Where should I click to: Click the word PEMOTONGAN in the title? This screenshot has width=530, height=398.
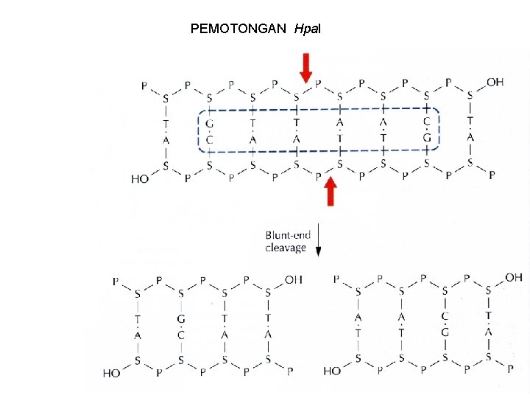(239, 29)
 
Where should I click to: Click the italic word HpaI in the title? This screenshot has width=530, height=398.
(306, 29)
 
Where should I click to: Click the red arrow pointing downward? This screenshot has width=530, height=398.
(306, 67)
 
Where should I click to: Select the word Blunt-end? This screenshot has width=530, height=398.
(288, 236)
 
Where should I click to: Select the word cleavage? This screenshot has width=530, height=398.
(286, 248)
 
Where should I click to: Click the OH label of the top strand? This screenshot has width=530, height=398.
(495, 82)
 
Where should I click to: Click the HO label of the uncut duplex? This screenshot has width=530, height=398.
(141, 178)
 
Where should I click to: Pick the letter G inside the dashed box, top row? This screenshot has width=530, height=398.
(209, 122)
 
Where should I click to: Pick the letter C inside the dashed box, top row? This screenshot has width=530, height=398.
(427, 122)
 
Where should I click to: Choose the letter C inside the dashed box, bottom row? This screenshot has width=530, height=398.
(209, 139)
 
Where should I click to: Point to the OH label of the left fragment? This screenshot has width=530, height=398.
(293, 280)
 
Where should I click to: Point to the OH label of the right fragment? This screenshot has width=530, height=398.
(514, 278)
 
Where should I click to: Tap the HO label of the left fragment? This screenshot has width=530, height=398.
(112, 373)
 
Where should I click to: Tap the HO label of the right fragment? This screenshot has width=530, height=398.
(333, 371)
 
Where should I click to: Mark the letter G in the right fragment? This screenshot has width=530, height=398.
(445, 333)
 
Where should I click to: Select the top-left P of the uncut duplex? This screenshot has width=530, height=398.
(144, 86)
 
